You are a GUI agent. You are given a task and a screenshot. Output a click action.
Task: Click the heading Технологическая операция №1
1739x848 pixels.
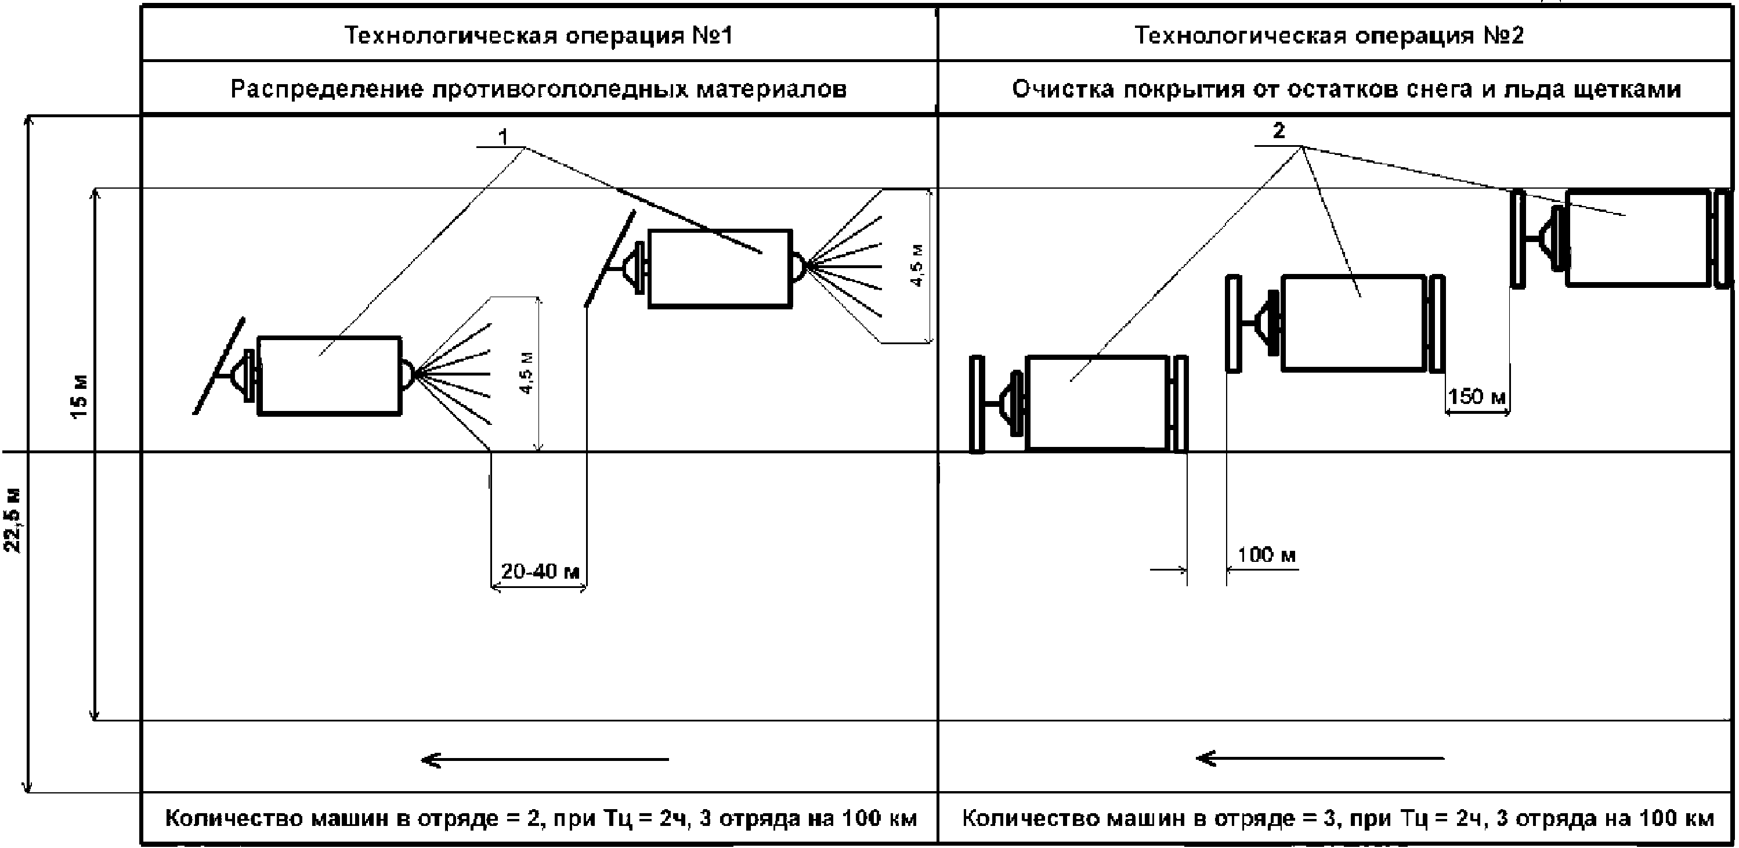[538, 35]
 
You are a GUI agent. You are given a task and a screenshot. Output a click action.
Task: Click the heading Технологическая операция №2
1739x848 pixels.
[1329, 35]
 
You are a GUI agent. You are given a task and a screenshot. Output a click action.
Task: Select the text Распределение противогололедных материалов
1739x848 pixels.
[538, 89]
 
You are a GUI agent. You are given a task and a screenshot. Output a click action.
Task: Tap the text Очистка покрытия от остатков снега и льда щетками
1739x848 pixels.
[1347, 89]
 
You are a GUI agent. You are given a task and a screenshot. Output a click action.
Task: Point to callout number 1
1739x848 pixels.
[503, 137]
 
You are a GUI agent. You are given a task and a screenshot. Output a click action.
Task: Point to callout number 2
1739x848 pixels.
[1279, 131]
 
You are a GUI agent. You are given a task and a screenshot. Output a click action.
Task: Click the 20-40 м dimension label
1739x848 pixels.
[540, 571]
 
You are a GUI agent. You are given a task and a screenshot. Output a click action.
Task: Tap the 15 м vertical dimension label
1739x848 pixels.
[79, 397]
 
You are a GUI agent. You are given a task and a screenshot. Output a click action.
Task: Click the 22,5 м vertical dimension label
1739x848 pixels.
[13, 520]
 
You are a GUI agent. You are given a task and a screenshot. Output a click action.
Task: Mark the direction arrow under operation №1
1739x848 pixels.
[545, 760]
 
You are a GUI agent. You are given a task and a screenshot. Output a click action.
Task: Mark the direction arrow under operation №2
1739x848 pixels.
[1320, 758]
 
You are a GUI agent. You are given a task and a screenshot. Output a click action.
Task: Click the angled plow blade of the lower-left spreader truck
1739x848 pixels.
[219, 365]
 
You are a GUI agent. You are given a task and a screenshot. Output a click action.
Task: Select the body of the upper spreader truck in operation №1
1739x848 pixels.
[720, 269]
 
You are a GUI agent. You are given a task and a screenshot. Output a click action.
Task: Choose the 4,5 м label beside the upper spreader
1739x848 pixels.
[917, 265]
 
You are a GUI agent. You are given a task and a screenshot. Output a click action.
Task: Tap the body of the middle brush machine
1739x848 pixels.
[1354, 323]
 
